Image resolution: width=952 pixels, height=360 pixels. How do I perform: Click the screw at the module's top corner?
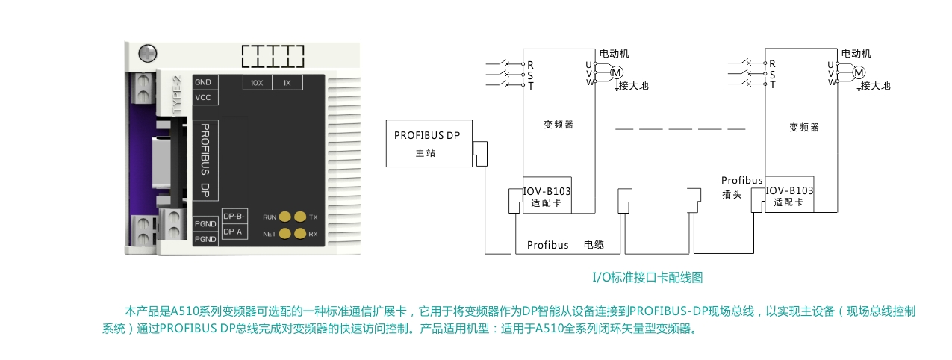tap(148, 54)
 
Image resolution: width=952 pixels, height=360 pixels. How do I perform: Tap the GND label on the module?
tap(203, 82)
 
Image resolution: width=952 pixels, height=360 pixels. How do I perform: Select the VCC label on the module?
tap(203, 97)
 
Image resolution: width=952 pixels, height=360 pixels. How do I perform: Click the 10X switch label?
tap(257, 83)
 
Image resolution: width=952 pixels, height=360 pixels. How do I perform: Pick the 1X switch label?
tap(287, 83)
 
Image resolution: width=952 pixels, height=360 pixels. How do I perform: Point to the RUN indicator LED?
tap(284, 217)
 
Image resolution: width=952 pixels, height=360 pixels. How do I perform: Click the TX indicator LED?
tap(300, 217)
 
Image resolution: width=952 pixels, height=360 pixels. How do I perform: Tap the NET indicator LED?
tap(284, 233)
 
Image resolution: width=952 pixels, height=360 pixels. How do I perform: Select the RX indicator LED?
tap(300, 233)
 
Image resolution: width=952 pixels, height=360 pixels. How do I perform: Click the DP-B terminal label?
tap(234, 217)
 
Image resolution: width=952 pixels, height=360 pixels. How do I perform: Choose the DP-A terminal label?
tap(234, 232)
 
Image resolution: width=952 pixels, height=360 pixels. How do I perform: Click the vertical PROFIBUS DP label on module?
tap(205, 161)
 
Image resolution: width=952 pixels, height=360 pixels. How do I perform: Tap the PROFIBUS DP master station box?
tap(429, 143)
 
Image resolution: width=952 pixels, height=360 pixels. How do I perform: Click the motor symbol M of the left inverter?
tap(617, 73)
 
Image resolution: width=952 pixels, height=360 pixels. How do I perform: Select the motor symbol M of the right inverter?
tap(859, 72)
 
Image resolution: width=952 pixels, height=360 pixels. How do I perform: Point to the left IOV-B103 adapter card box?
tap(547, 195)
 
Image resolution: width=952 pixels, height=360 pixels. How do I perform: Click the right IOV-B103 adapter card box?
tap(789, 193)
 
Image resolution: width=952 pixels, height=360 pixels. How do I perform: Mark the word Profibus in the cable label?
tap(548, 245)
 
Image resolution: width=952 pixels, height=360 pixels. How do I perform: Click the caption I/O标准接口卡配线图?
tap(647, 278)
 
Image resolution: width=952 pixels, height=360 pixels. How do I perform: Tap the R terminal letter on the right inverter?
tap(772, 63)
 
